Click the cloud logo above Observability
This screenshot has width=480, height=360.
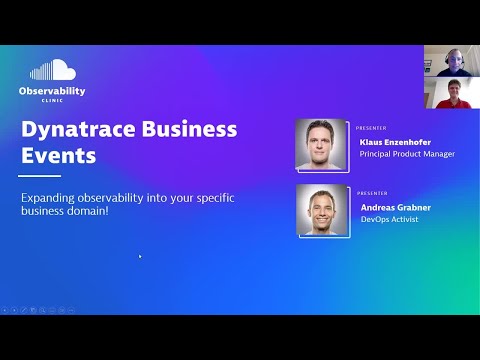tap(52, 71)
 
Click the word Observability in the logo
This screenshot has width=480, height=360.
tap(52, 91)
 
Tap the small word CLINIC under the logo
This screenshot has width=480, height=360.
tap(52, 101)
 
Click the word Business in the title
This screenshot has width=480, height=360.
tap(186, 129)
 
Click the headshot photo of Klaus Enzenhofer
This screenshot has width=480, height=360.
tap(322, 144)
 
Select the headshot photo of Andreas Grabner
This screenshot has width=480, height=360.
tap(322, 210)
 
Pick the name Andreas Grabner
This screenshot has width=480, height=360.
tap(395, 207)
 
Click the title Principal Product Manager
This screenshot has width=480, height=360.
tap(407, 154)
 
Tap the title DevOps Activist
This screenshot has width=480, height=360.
tap(389, 219)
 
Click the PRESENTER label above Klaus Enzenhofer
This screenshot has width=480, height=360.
tap(371, 128)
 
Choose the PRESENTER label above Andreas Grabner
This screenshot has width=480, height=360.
tap(371, 194)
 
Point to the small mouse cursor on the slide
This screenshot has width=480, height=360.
tap(139, 256)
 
